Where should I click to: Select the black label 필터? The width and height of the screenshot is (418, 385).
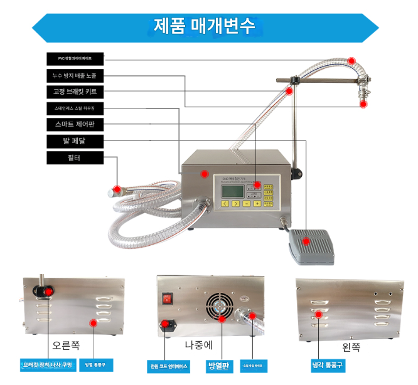[x=74, y=158]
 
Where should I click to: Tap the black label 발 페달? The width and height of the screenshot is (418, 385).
[x=74, y=141]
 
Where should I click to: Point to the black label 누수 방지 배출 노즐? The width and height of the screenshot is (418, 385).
[x=74, y=76]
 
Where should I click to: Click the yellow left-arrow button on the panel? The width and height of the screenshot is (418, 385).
[x=224, y=203]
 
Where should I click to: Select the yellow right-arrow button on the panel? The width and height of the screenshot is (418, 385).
[x=235, y=203]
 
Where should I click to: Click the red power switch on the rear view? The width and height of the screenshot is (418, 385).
[x=167, y=299]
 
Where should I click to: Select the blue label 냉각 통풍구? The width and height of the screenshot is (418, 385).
[x=328, y=365]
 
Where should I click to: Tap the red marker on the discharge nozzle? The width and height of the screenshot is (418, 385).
[x=363, y=105]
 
